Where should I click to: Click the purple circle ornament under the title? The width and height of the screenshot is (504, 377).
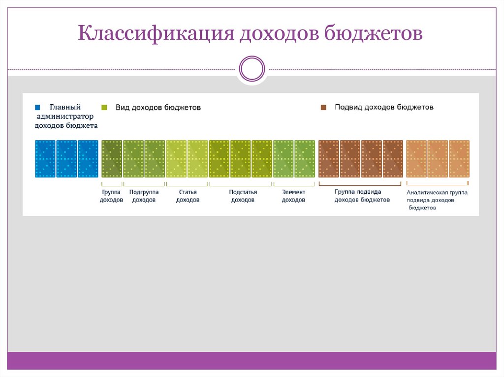tap(252, 68)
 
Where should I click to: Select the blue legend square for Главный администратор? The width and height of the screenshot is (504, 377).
tap(37, 107)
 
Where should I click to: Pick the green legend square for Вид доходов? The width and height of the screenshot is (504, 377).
tap(104, 107)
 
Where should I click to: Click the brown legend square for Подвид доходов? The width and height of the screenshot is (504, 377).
tap(323, 107)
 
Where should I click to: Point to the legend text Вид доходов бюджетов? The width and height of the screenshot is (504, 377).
tap(157, 107)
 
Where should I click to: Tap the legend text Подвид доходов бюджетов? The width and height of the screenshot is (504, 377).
tap(384, 107)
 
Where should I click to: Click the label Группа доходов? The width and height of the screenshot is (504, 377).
tap(111, 196)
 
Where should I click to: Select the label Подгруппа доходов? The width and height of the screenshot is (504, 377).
tap(144, 196)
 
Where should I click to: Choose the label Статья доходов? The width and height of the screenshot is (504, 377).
tap(188, 196)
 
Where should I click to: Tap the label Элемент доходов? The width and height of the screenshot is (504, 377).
tap(293, 196)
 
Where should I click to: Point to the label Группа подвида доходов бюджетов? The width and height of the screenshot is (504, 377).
tap(362, 196)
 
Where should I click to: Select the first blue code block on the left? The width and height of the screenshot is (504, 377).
tap(45, 159)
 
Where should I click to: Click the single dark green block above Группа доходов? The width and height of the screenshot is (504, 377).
tap(112, 159)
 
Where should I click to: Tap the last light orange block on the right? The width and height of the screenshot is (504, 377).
tap(459, 159)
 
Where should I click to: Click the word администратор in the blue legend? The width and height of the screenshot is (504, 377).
tap(65, 116)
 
